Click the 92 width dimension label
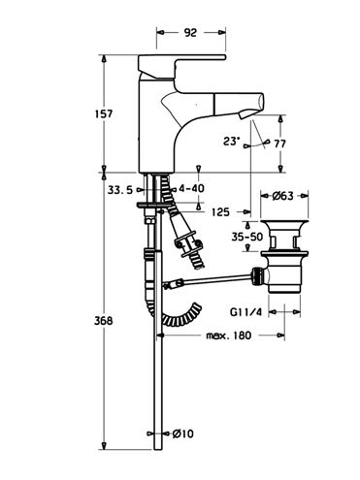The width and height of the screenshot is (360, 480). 190,32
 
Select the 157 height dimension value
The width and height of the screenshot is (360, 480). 104,113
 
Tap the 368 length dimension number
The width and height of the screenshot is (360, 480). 104,321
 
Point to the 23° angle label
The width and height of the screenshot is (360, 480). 232,142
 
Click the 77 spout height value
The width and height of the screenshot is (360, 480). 279,144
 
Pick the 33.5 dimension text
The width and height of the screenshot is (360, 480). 120,190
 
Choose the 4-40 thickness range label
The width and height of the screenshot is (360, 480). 191,188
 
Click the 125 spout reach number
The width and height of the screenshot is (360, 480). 220,212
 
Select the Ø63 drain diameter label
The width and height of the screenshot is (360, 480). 282,196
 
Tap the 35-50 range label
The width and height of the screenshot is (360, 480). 247,237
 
